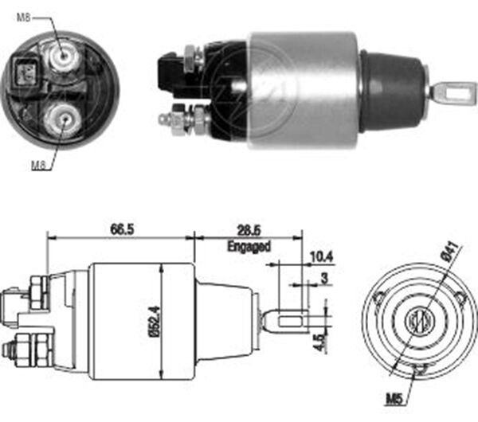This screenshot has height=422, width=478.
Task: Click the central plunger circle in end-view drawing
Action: point(418,322)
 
